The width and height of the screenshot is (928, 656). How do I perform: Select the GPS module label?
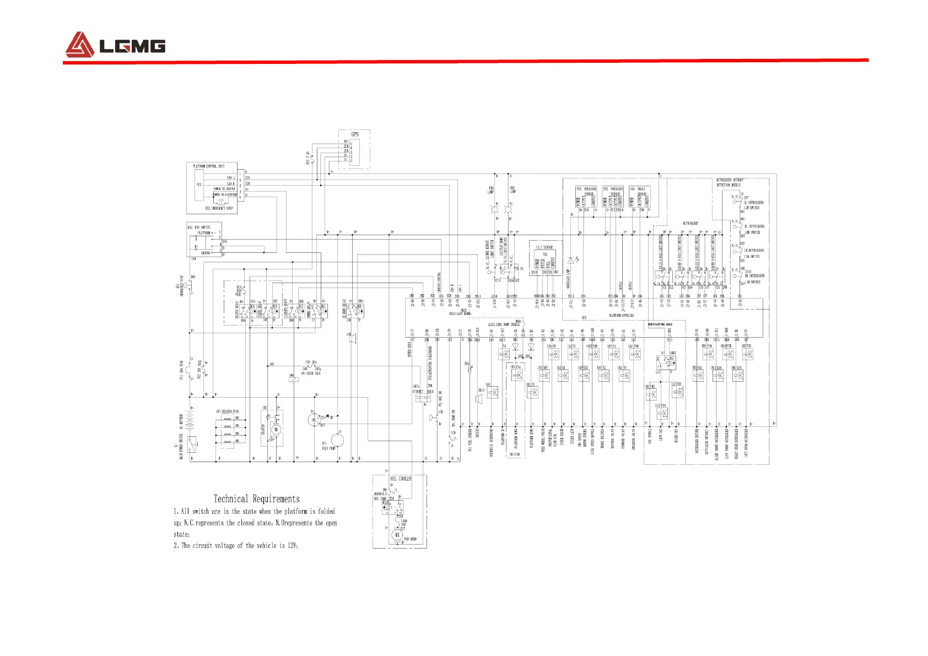coord(355,134)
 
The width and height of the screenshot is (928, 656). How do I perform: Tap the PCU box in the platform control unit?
coord(199,185)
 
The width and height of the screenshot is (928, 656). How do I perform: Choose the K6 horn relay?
coord(359,307)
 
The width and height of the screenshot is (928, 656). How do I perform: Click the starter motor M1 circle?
coord(277,430)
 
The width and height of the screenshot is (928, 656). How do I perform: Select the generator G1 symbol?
coord(314,420)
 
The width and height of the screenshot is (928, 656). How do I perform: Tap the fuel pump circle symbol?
coord(337,440)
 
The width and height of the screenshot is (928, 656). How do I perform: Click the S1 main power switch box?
coord(192,442)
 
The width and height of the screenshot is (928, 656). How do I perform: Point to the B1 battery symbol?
coord(191,421)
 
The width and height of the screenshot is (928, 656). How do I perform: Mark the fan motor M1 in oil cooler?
coord(397,535)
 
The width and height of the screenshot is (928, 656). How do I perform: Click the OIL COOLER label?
coord(401,479)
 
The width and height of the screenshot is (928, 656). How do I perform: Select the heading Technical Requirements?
coord(257,499)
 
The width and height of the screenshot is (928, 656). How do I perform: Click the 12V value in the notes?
coord(292,545)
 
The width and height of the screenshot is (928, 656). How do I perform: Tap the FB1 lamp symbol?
coord(494,210)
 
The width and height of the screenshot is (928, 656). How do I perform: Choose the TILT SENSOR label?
coord(544,247)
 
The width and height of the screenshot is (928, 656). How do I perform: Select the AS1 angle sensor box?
coord(639,197)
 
